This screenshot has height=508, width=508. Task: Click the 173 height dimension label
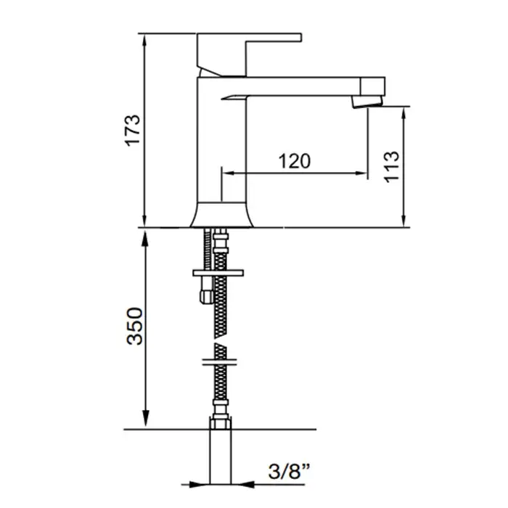click(x=133, y=131)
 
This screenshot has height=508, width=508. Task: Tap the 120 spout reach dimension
click(x=295, y=161)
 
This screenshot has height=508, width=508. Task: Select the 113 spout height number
click(x=391, y=167)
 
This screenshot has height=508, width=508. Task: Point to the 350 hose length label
click(x=134, y=327)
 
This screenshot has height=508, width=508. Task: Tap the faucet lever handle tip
click(x=300, y=37)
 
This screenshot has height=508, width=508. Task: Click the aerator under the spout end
click(x=367, y=102)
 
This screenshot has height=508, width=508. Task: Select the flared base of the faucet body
click(x=221, y=215)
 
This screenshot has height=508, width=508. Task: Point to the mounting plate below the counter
click(x=218, y=273)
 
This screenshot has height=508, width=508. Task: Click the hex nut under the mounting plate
click(x=206, y=297)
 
